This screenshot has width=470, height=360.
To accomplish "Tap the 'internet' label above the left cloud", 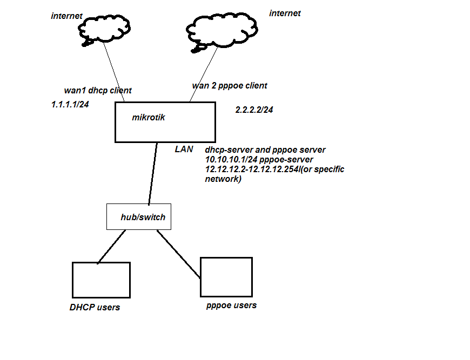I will pyautogui.click(x=66, y=16).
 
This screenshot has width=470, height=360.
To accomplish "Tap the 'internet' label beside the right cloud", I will pyautogui.click(x=285, y=13).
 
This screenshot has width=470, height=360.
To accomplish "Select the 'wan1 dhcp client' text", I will pyautogui.click(x=98, y=90).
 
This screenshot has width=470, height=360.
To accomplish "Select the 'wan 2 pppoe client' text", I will pyautogui.click(x=230, y=85).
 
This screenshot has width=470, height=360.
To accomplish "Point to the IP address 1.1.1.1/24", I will pyautogui.click(x=70, y=105).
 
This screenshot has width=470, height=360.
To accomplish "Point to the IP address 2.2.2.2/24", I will pyautogui.click(x=254, y=109).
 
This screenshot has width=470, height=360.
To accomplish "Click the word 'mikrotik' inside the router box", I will pyautogui.click(x=149, y=117).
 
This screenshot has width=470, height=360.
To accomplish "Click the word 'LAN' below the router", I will pyautogui.click(x=184, y=149).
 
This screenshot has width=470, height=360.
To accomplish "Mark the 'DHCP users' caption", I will pyautogui.click(x=95, y=307).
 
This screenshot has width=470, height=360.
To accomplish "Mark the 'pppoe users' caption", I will pyautogui.click(x=231, y=305).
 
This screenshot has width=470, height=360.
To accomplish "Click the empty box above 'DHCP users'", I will pyautogui.click(x=101, y=280).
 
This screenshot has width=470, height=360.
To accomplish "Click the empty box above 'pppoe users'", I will pyautogui.click(x=226, y=277).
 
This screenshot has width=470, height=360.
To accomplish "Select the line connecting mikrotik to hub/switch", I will pyautogui.click(x=153, y=173).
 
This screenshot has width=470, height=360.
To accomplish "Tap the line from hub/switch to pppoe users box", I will pyautogui.click(x=178, y=254).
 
